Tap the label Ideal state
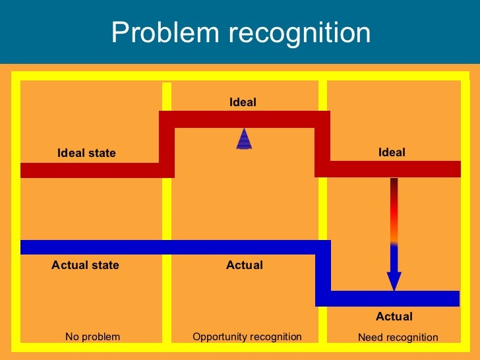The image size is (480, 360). point(86,153)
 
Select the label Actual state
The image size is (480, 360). point(85,265)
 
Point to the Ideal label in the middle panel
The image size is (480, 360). point(243,102)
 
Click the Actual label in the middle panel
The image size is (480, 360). point(244,265)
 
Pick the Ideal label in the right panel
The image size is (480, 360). point(392,152)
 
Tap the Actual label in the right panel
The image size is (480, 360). point(394,316)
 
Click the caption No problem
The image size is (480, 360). point(92,337)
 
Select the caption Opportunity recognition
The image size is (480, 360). point(247,337)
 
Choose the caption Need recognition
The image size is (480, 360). point(398,338)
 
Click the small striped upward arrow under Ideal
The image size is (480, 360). point(244,139)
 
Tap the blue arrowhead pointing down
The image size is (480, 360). point(394,282)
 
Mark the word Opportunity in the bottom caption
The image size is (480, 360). point(219,337)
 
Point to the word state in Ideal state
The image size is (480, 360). point(102,153)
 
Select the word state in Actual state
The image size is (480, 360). point(105,265)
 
